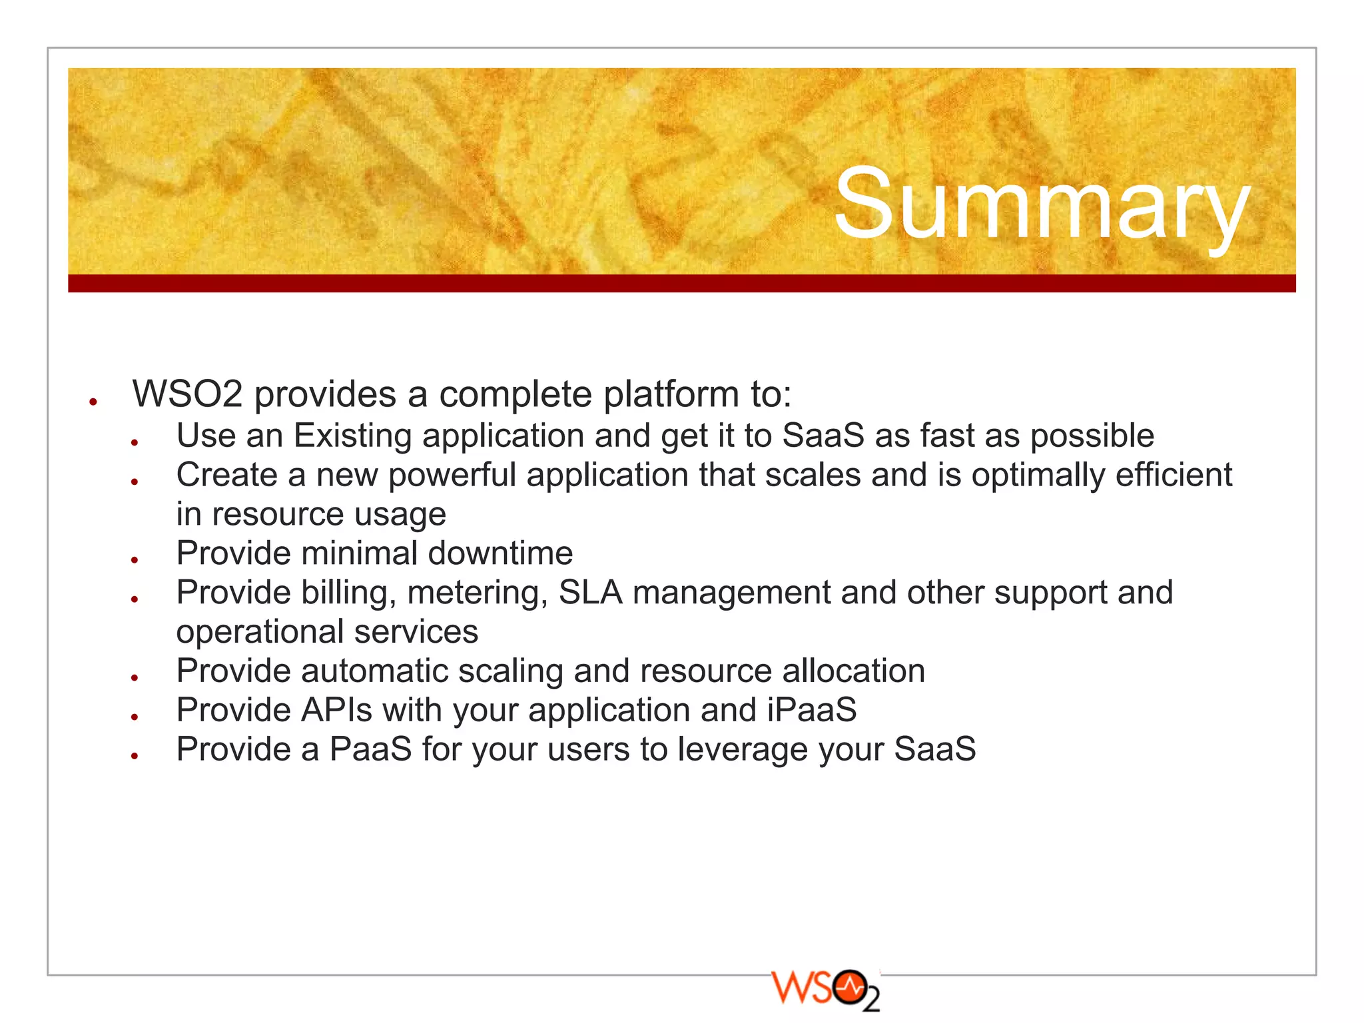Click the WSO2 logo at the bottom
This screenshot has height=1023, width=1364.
click(825, 990)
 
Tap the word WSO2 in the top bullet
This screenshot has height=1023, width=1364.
click(187, 394)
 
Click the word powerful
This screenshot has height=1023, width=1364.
click(452, 476)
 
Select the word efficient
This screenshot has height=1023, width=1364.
click(1174, 476)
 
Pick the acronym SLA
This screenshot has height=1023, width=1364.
click(590, 592)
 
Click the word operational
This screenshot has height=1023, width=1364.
click(260, 632)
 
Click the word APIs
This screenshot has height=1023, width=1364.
click(336, 710)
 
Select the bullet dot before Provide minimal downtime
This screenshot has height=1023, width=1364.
click(135, 559)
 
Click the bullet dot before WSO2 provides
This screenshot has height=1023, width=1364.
click(94, 402)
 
